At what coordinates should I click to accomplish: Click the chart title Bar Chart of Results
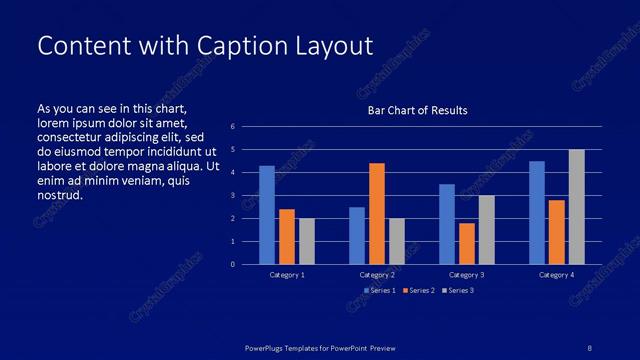pyautogui.click(x=417, y=110)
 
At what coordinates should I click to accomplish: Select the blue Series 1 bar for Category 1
pyautogui.click(x=267, y=215)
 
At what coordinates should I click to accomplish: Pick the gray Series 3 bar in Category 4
pyautogui.click(x=576, y=207)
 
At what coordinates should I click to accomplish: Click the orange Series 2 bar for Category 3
pyautogui.click(x=466, y=243)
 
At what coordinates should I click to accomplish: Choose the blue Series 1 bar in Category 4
pyautogui.click(x=537, y=212)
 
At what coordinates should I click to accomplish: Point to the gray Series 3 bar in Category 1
pyautogui.click(x=306, y=241)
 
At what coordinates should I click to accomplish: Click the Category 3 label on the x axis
pyautogui.click(x=467, y=274)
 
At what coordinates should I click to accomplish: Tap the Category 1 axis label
pyautogui.click(x=287, y=274)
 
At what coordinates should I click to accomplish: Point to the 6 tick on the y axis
pyautogui.click(x=232, y=127)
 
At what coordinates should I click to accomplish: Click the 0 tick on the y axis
pyautogui.click(x=232, y=264)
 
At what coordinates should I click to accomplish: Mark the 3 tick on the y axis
pyautogui.click(x=232, y=196)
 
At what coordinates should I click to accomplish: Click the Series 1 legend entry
pyautogui.click(x=379, y=290)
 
